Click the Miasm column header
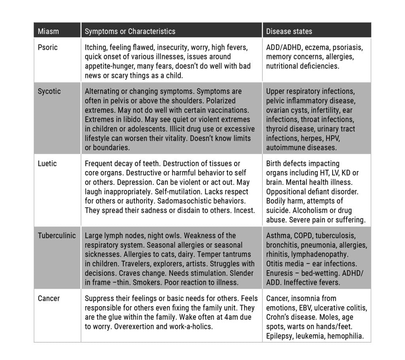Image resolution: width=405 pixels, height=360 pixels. tap(47, 31)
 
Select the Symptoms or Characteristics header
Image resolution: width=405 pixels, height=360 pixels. tap(130, 31)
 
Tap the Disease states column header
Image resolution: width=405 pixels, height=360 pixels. tap(289, 31)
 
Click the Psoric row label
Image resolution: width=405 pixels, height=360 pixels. tap(47, 47)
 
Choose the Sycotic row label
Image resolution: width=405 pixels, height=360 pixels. tap(49, 91)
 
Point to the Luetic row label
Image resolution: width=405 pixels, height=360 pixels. tap(47, 163)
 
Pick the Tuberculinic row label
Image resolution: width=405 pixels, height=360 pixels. tap(57, 235)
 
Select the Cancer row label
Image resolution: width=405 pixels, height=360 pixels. tap(48, 298)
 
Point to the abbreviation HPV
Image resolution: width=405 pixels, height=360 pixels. tap(329, 138)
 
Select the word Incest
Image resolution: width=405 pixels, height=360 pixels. tap(244, 210)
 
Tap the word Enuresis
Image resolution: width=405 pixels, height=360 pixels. tap(280, 273)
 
